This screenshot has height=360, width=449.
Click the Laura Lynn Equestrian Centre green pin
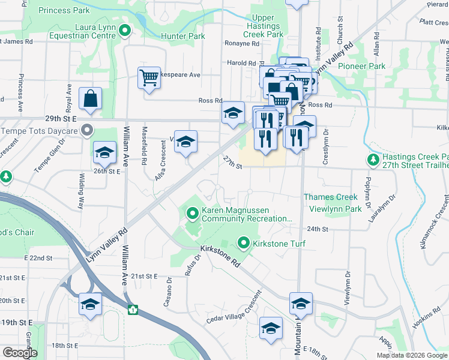[125, 31]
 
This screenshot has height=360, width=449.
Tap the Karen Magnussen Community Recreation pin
[193, 212]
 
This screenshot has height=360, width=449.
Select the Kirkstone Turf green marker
[244, 243]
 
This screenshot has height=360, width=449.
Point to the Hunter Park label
[183, 36]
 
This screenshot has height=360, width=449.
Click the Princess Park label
[64, 11]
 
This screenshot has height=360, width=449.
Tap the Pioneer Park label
[361, 66]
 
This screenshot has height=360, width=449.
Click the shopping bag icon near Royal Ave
[90, 99]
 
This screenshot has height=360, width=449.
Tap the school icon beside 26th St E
[104, 152]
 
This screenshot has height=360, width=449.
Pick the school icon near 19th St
[90, 304]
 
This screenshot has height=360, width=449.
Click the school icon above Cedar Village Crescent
[271, 328]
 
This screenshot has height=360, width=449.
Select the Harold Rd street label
[241, 62]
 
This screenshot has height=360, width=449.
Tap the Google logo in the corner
[20, 353]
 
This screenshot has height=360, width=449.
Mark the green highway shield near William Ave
[132, 310]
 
